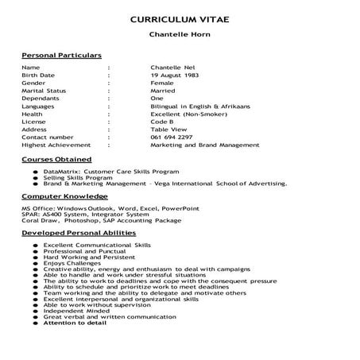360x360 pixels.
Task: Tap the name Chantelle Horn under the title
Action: [180, 35]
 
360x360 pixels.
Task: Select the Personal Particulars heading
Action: [61, 56]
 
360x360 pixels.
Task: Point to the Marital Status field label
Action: [44, 91]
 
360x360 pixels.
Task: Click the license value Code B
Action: [162, 121]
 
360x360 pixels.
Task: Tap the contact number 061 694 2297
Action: [171, 136]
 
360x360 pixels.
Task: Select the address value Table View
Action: [167, 128]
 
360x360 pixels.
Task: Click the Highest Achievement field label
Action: [56, 144]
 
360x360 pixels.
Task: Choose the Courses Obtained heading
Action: [56, 160]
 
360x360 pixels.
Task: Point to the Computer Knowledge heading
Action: [64, 195]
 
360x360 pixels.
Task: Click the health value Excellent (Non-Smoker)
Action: [184, 113]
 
